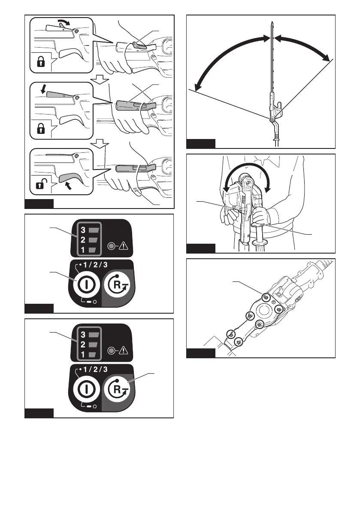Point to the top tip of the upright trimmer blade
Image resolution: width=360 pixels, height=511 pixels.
coord(272,21)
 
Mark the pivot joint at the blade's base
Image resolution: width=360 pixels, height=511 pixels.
coord(272,121)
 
